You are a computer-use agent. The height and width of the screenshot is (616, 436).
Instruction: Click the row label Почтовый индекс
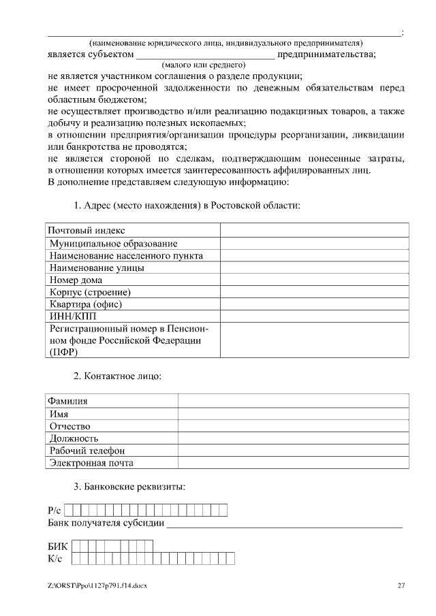[x=86, y=231]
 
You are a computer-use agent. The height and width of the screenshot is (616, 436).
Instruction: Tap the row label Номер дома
[x=76, y=280]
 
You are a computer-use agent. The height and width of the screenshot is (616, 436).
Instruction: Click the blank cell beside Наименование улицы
[x=314, y=268]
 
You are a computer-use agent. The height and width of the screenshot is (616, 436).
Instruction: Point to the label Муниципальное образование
[x=114, y=243]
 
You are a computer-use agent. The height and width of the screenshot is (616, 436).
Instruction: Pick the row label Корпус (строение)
[x=90, y=292]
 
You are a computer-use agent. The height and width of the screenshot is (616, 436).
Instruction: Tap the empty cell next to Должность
[x=294, y=438]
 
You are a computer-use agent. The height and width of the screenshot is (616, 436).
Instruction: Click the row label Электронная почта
[x=91, y=463]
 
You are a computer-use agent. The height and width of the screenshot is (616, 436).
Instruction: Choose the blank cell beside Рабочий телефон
[x=294, y=451]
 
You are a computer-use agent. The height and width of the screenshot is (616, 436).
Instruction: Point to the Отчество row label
[x=70, y=426]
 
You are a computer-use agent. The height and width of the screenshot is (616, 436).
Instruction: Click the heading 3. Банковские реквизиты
[x=129, y=487]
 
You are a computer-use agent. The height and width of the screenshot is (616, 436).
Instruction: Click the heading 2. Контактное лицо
[x=117, y=376]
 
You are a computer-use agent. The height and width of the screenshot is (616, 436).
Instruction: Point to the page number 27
[x=401, y=585]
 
